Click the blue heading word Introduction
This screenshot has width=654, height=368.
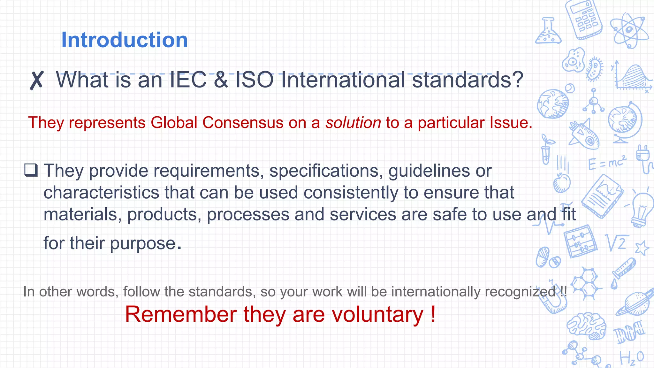pos(124,40)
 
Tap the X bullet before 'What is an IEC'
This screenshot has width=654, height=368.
pos(37,80)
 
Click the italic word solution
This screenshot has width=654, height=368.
pos(353,123)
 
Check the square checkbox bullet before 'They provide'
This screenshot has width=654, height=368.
pos(31,170)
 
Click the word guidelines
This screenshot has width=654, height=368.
pos(429,171)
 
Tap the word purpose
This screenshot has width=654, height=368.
pos(143,243)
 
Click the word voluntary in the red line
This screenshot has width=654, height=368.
pos(377,314)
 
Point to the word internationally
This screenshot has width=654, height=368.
pos(435,292)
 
